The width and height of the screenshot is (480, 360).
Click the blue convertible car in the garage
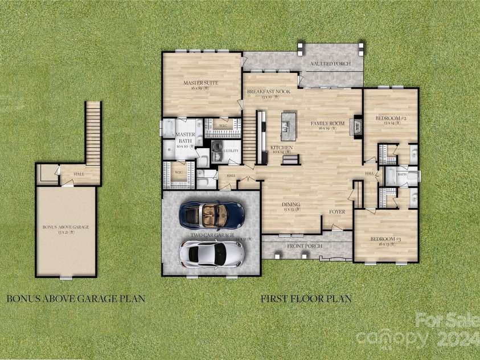pos(211,214)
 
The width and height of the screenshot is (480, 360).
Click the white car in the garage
pos(212,252)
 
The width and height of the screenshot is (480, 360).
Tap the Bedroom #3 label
pos(385,239)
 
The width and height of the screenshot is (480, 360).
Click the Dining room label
pos(291,204)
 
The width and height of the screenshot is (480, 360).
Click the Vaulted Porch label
pos(330,64)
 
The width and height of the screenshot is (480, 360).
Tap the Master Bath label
pos(186,138)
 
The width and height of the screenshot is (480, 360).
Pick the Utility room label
pos(231,151)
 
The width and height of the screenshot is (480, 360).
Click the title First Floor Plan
pos(306,298)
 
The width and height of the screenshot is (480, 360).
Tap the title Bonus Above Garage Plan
pos(75,298)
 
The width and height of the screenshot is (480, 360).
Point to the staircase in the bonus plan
pos(93,131)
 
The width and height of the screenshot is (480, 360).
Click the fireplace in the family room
pos(358,125)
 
